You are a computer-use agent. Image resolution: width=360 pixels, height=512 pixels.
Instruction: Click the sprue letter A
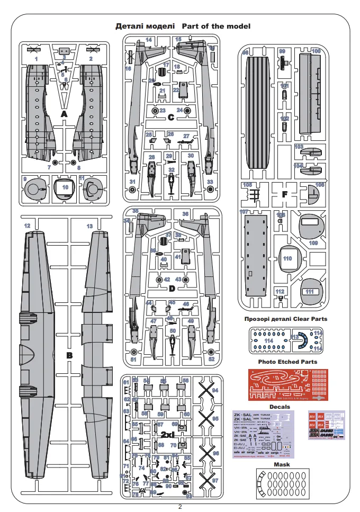tap(64, 114)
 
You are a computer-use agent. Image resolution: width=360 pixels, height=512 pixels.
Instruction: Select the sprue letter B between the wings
tap(69, 355)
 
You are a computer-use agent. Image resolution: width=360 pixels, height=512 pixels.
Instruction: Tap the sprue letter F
tap(285, 194)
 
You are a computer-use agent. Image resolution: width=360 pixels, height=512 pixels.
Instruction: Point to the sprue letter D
tap(171, 289)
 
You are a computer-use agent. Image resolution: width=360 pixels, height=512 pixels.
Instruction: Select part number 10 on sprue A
tap(65, 187)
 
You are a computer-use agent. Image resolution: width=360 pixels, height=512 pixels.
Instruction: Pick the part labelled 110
tap(287, 259)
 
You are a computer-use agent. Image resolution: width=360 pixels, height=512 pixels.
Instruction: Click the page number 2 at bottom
tap(180, 507)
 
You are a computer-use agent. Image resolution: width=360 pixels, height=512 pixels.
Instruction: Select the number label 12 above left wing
tap(26, 226)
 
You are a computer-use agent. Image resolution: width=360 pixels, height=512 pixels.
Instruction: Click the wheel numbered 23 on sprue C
tap(155, 111)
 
